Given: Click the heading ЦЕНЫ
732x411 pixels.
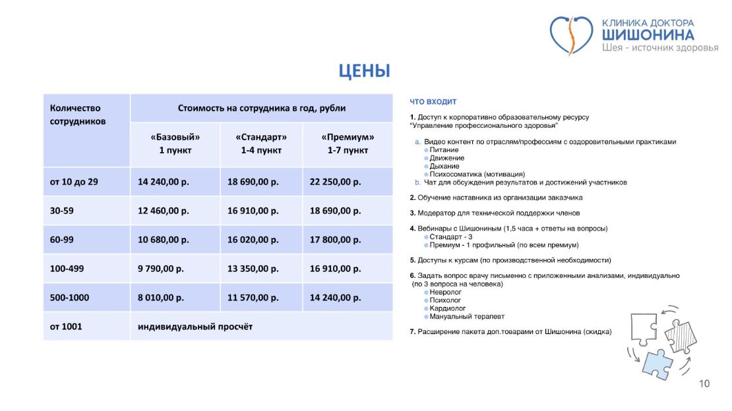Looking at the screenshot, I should (364, 70).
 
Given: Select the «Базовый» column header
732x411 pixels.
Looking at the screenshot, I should (175, 144).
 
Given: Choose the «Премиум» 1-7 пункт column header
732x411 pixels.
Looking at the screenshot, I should (348, 144).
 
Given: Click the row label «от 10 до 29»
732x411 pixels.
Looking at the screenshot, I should (74, 182).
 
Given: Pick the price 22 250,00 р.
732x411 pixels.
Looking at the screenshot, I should (336, 182).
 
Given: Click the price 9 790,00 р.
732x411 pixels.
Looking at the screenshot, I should (160, 269).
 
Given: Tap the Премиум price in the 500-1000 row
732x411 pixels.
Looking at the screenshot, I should (336, 298).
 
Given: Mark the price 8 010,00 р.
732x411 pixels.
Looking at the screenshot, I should (160, 298).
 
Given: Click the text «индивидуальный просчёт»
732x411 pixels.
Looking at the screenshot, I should (195, 327).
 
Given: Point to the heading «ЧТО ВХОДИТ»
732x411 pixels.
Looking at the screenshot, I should (433, 102).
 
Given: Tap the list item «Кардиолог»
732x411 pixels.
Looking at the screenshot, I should (448, 308).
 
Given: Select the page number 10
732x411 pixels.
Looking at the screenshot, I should (704, 384).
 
